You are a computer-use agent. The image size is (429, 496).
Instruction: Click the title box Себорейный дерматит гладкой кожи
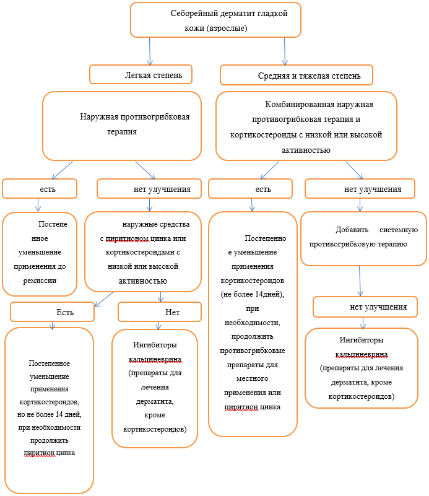[x=215, y=20]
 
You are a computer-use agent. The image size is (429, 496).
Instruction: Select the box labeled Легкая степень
[x=140, y=74]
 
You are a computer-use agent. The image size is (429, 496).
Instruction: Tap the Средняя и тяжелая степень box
[x=298, y=76]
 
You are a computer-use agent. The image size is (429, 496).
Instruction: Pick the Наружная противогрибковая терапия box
[x=121, y=126]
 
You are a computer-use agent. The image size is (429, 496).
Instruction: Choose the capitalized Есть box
[x=52, y=312]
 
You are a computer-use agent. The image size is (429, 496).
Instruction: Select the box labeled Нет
[x=159, y=312]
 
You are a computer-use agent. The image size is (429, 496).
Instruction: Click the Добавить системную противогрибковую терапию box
[x=363, y=238]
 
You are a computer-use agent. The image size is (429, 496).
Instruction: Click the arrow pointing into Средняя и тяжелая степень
[x=285, y=51]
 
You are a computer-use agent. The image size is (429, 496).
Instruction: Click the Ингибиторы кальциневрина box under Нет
[x=155, y=387]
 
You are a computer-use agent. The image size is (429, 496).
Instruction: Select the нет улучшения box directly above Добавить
[x=363, y=189]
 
